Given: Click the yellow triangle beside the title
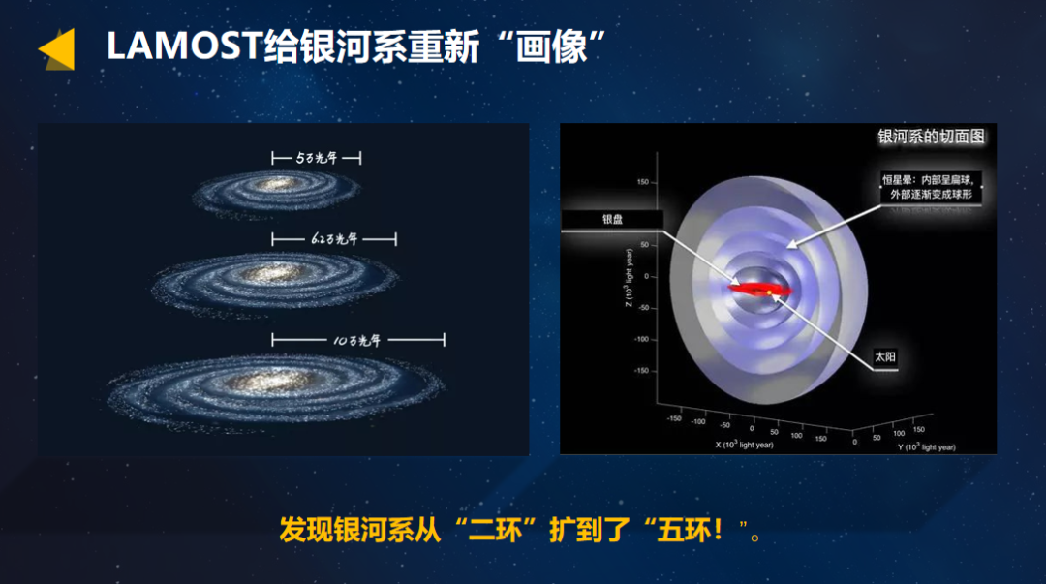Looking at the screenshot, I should (x=59, y=49).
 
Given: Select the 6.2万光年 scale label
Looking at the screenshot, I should (x=334, y=238).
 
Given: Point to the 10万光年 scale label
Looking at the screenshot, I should (x=357, y=339).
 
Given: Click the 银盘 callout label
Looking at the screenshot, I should (x=612, y=220).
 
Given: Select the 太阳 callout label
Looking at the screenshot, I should (x=885, y=357).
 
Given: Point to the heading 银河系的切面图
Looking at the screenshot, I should (x=931, y=137).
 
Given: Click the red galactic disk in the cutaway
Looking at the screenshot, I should (x=760, y=289).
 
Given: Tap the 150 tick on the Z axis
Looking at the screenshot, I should (x=641, y=182).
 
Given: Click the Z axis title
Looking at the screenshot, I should (x=630, y=277).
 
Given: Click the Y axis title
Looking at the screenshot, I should (x=926, y=446).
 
